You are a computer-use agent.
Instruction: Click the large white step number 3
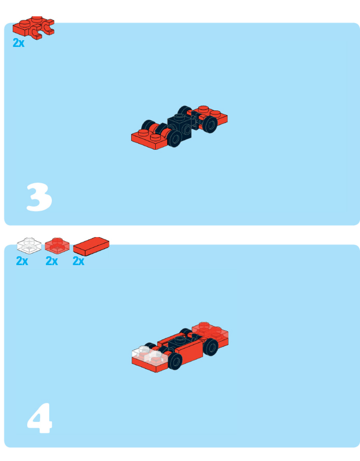[x=39, y=197]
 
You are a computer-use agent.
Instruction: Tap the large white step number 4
[x=39, y=418]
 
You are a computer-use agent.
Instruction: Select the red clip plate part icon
[x=33, y=27]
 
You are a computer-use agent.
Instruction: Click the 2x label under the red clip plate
[x=19, y=43]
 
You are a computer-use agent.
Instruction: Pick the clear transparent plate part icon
[x=29, y=245]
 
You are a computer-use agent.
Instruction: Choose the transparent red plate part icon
[x=57, y=245]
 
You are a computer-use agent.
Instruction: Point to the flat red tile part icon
[x=91, y=246]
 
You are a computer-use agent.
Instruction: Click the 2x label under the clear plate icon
[x=22, y=261]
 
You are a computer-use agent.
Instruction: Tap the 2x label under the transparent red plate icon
[x=52, y=261]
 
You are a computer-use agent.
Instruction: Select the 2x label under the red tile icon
[x=79, y=261]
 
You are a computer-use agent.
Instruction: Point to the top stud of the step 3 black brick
[x=180, y=117]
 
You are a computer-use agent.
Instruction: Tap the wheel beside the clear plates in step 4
[x=175, y=361]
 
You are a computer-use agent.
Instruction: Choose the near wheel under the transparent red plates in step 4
[x=211, y=347]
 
